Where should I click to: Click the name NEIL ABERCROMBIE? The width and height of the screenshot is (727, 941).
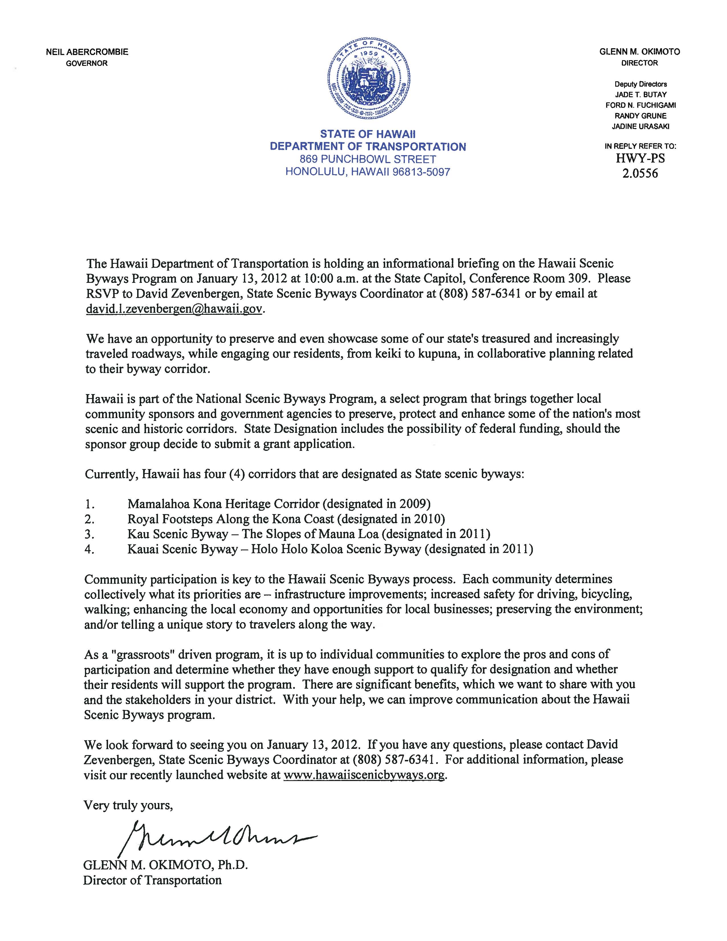(87, 52)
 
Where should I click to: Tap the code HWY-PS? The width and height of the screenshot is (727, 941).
(640, 159)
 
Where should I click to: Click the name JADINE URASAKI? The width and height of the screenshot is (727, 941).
(640, 126)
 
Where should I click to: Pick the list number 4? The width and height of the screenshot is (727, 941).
(89, 549)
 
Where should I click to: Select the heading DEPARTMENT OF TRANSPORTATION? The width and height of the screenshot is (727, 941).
(368, 147)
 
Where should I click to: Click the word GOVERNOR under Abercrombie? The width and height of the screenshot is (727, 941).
(87, 63)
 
